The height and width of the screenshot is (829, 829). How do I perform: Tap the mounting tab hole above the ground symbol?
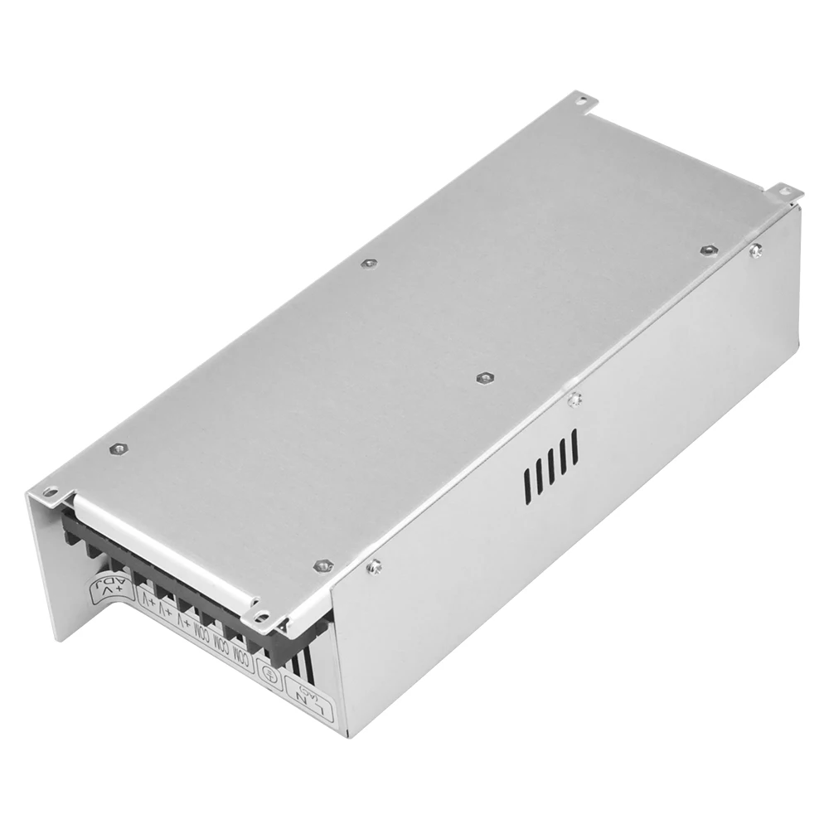click(x=263, y=615)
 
